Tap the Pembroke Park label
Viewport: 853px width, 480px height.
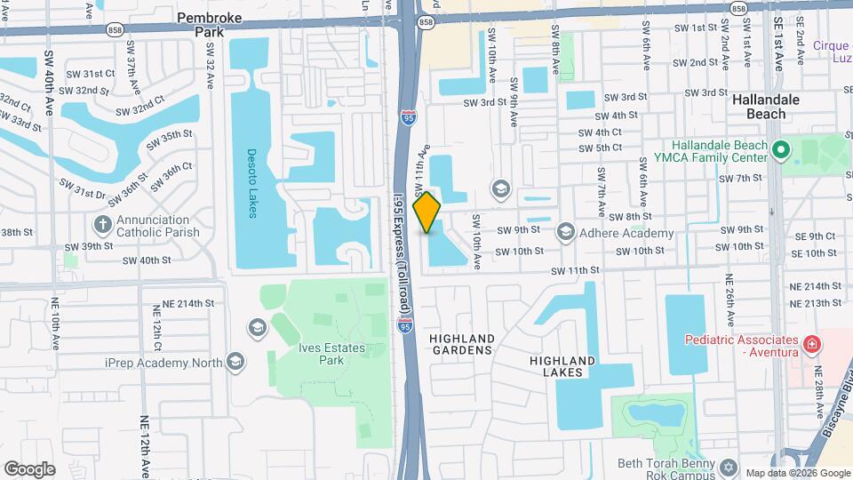[210, 24]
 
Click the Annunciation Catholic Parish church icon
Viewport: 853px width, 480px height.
[103, 222]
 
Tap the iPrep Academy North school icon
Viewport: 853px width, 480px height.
[235, 361]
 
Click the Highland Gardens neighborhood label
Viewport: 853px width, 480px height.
[461, 344]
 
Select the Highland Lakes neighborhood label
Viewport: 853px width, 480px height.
[562, 365]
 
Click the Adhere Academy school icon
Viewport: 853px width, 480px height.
[566, 233]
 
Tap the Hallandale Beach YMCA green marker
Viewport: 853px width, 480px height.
[781, 150]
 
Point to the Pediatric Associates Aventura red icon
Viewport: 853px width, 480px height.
[810, 343]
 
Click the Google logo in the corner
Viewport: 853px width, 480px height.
[29, 468]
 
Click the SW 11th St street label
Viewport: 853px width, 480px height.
[576, 270]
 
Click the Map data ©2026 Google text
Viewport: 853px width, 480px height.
[796, 472]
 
